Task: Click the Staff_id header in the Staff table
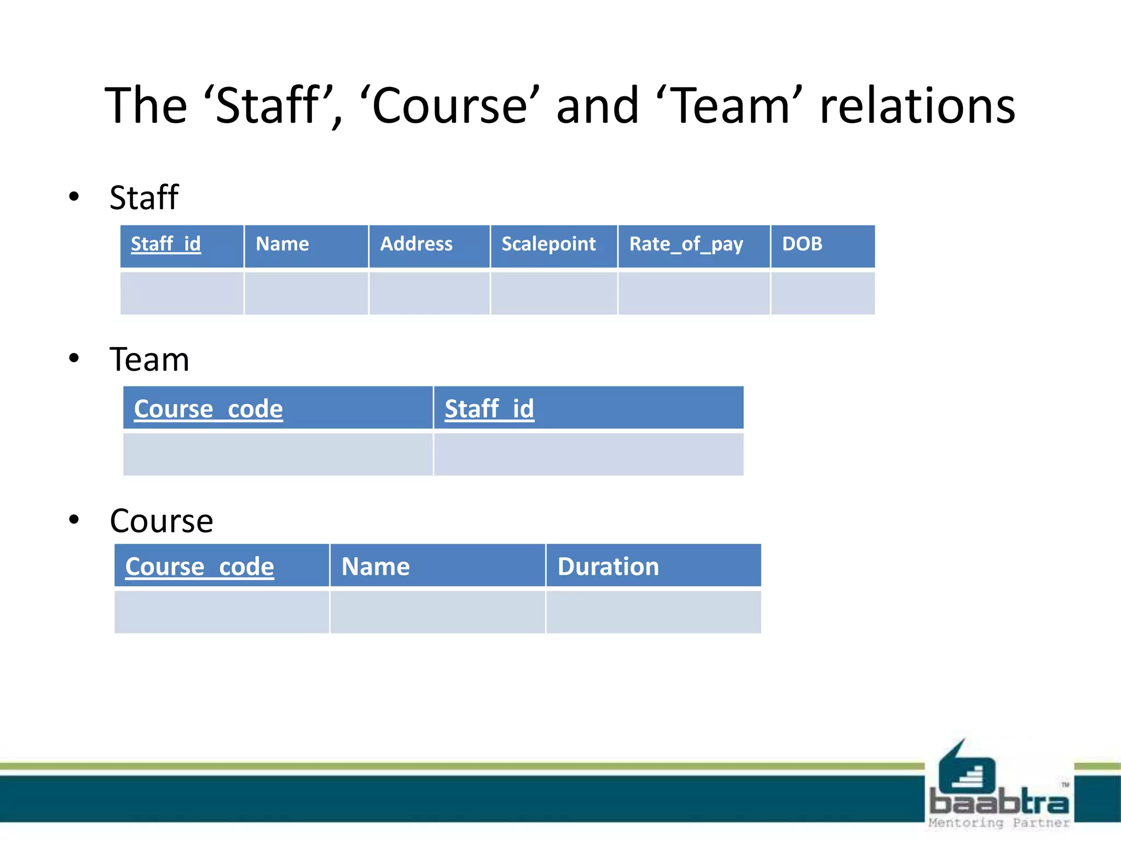point(166,244)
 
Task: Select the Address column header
point(417,244)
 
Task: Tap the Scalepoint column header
point(548,244)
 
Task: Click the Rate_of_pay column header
point(686,244)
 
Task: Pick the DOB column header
point(802,244)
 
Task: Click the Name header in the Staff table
point(282,244)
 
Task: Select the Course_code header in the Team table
point(209,409)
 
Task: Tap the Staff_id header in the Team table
point(489,409)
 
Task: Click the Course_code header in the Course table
point(200,567)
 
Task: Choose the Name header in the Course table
point(375,567)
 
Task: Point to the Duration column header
point(608,567)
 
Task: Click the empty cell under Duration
point(654,612)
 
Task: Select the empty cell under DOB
point(823,293)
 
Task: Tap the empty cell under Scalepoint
point(554,293)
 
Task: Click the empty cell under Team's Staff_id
point(588,454)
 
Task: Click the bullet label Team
point(149,360)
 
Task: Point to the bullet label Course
point(161,521)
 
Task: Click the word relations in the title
point(917,106)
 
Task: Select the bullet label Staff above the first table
point(144,198)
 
